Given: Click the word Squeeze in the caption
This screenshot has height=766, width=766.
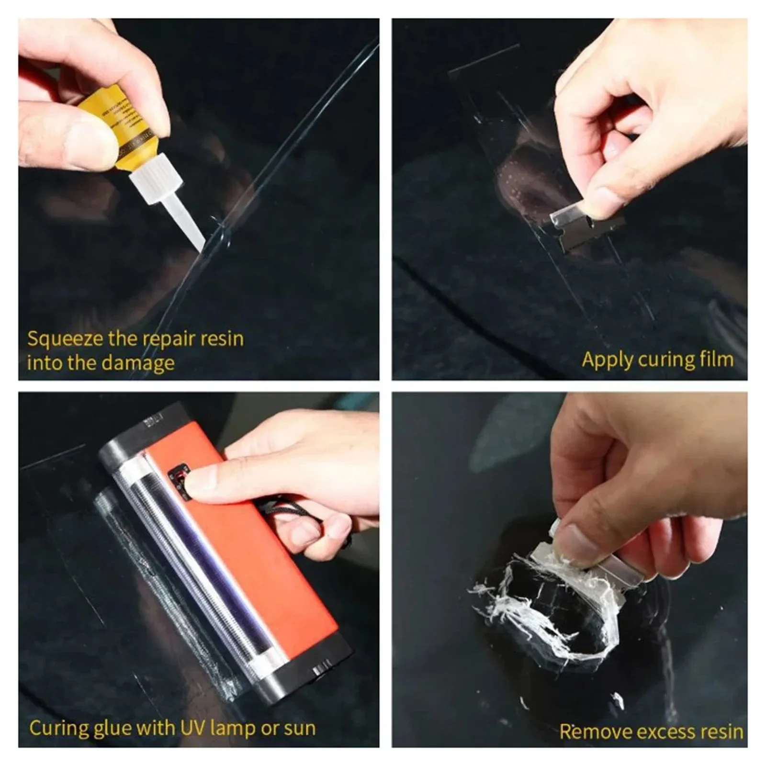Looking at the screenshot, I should (x=65, y=339).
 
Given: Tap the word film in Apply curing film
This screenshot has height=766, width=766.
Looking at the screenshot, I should (x=713, y=359).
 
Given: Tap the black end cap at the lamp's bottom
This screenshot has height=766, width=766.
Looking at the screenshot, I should (x=306, y=670).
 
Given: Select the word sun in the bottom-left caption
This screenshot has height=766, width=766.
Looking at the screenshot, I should (x=299, y=729).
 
